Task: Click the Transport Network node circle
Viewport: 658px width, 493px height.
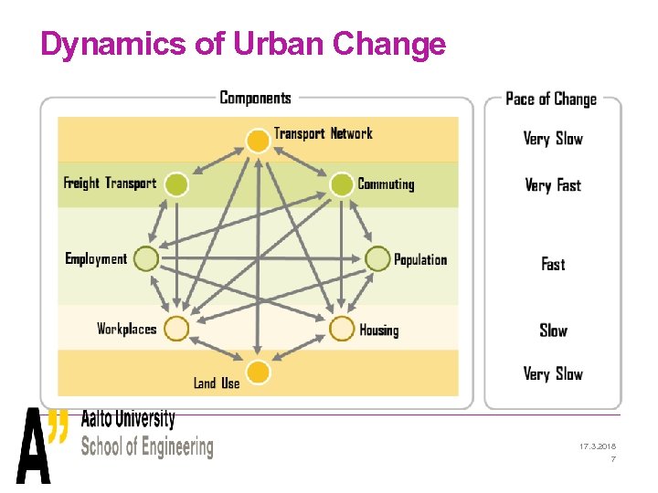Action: [259, 140]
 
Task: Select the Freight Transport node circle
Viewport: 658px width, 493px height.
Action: [176, 185]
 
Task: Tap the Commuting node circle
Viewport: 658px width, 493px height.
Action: [341, 185]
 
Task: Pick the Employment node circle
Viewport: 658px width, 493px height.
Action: [145, 260]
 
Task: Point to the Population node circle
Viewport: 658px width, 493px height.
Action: [377, 260]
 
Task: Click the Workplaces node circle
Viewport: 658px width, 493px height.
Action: [176, 329]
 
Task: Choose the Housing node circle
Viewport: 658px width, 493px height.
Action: [341, 329]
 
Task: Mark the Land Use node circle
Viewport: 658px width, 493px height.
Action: [259, 373]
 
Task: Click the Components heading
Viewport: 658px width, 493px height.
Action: [255, 98]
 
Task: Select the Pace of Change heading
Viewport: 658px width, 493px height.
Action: [550, 99]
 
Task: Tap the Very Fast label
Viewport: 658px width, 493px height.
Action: [552, 185]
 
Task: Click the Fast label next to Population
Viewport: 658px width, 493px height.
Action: [553, 264]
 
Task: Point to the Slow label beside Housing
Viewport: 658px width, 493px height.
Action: [553, 330]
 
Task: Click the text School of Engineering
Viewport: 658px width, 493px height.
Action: [146, 447]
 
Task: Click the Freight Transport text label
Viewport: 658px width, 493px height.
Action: [110, 184]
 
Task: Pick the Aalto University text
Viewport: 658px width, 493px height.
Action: [128, 419]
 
